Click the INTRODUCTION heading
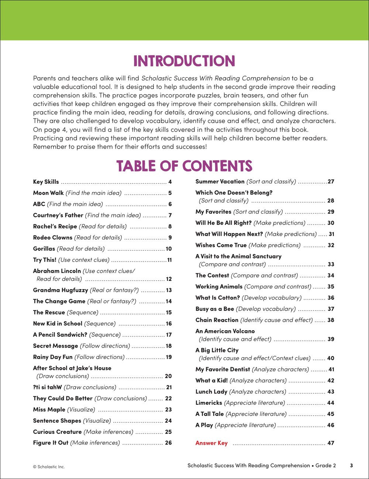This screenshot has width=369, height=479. click(x=184, y=61)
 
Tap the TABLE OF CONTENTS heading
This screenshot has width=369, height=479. click(x=184, y=166)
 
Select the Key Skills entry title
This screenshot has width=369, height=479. click(x=46, y=182)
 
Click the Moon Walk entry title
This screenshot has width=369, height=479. click(x=48, y=193)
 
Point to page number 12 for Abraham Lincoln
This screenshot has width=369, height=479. click(x=169, y=279)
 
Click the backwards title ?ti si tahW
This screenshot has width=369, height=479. click(x=47, y=387)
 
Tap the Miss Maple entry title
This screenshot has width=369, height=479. click(x=49, y=409)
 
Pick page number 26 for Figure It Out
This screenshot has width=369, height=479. click(x=168, y=442)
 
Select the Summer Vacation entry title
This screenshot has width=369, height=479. click(x=220, y=181)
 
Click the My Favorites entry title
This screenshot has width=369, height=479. click(x=213, y=211)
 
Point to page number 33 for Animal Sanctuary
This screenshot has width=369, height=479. click(x=331, y=264)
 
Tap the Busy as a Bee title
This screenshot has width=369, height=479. click(x=215, y=309)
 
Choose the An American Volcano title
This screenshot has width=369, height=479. click(x=225, y=331)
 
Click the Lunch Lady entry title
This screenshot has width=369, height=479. click(x=211, y=392)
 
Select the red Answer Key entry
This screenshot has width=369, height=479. click(x=211, y=443)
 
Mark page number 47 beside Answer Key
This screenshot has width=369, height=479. click(x=331, y=443)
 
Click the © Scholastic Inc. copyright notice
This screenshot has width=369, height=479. click(x=49, y=466)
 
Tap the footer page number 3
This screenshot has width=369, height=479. click(x=351, y=465)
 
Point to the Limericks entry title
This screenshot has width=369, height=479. click(x=209, y=403)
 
